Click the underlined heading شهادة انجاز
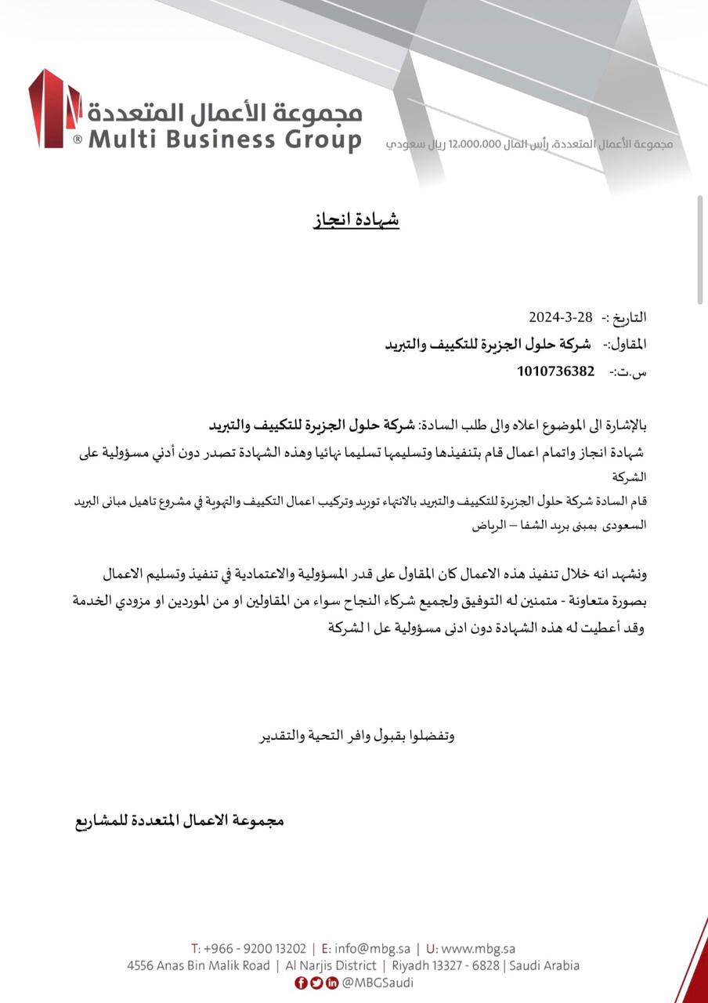coord(356,219)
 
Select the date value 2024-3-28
coord(562,317)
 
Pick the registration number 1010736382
coord(555,371)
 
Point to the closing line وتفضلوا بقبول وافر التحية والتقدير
coord(357,736)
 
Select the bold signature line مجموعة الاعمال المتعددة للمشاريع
coord(179,820)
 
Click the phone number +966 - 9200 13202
coord(254,949)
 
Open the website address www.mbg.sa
coord(478,949)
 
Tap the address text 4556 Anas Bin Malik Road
coord(198,965)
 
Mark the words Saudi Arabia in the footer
coord(544,965)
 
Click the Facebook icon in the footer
coord(302,983)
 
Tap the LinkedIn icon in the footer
coord(332,983)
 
